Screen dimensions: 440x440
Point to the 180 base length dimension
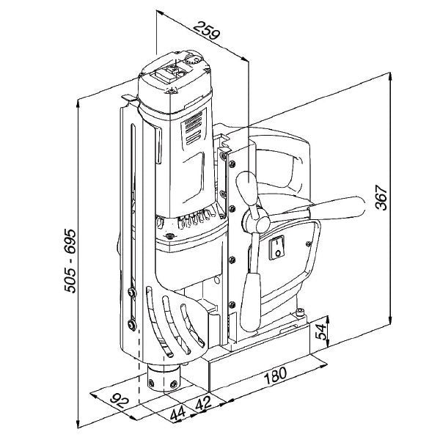(273, 378)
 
